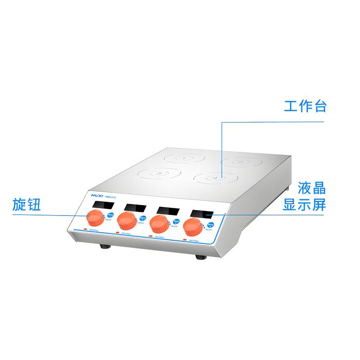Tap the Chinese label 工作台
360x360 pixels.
pyautogui.click(x=304, y=107)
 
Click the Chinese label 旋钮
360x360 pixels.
pyautogui.click(x=27, y=205)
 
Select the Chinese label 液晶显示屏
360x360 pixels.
pyautogui.click(x=304, y=196)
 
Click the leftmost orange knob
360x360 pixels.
pyautogui.click(x=95, y=219)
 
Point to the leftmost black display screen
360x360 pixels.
pyautogui.click(x=102, y=205)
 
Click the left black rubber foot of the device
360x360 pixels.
pyautogui.click(x=104, y=247)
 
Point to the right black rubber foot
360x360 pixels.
pyautogui.click(x=200, y=257)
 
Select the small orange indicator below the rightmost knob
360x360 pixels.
pyautogui.click(x=182, y=240)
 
